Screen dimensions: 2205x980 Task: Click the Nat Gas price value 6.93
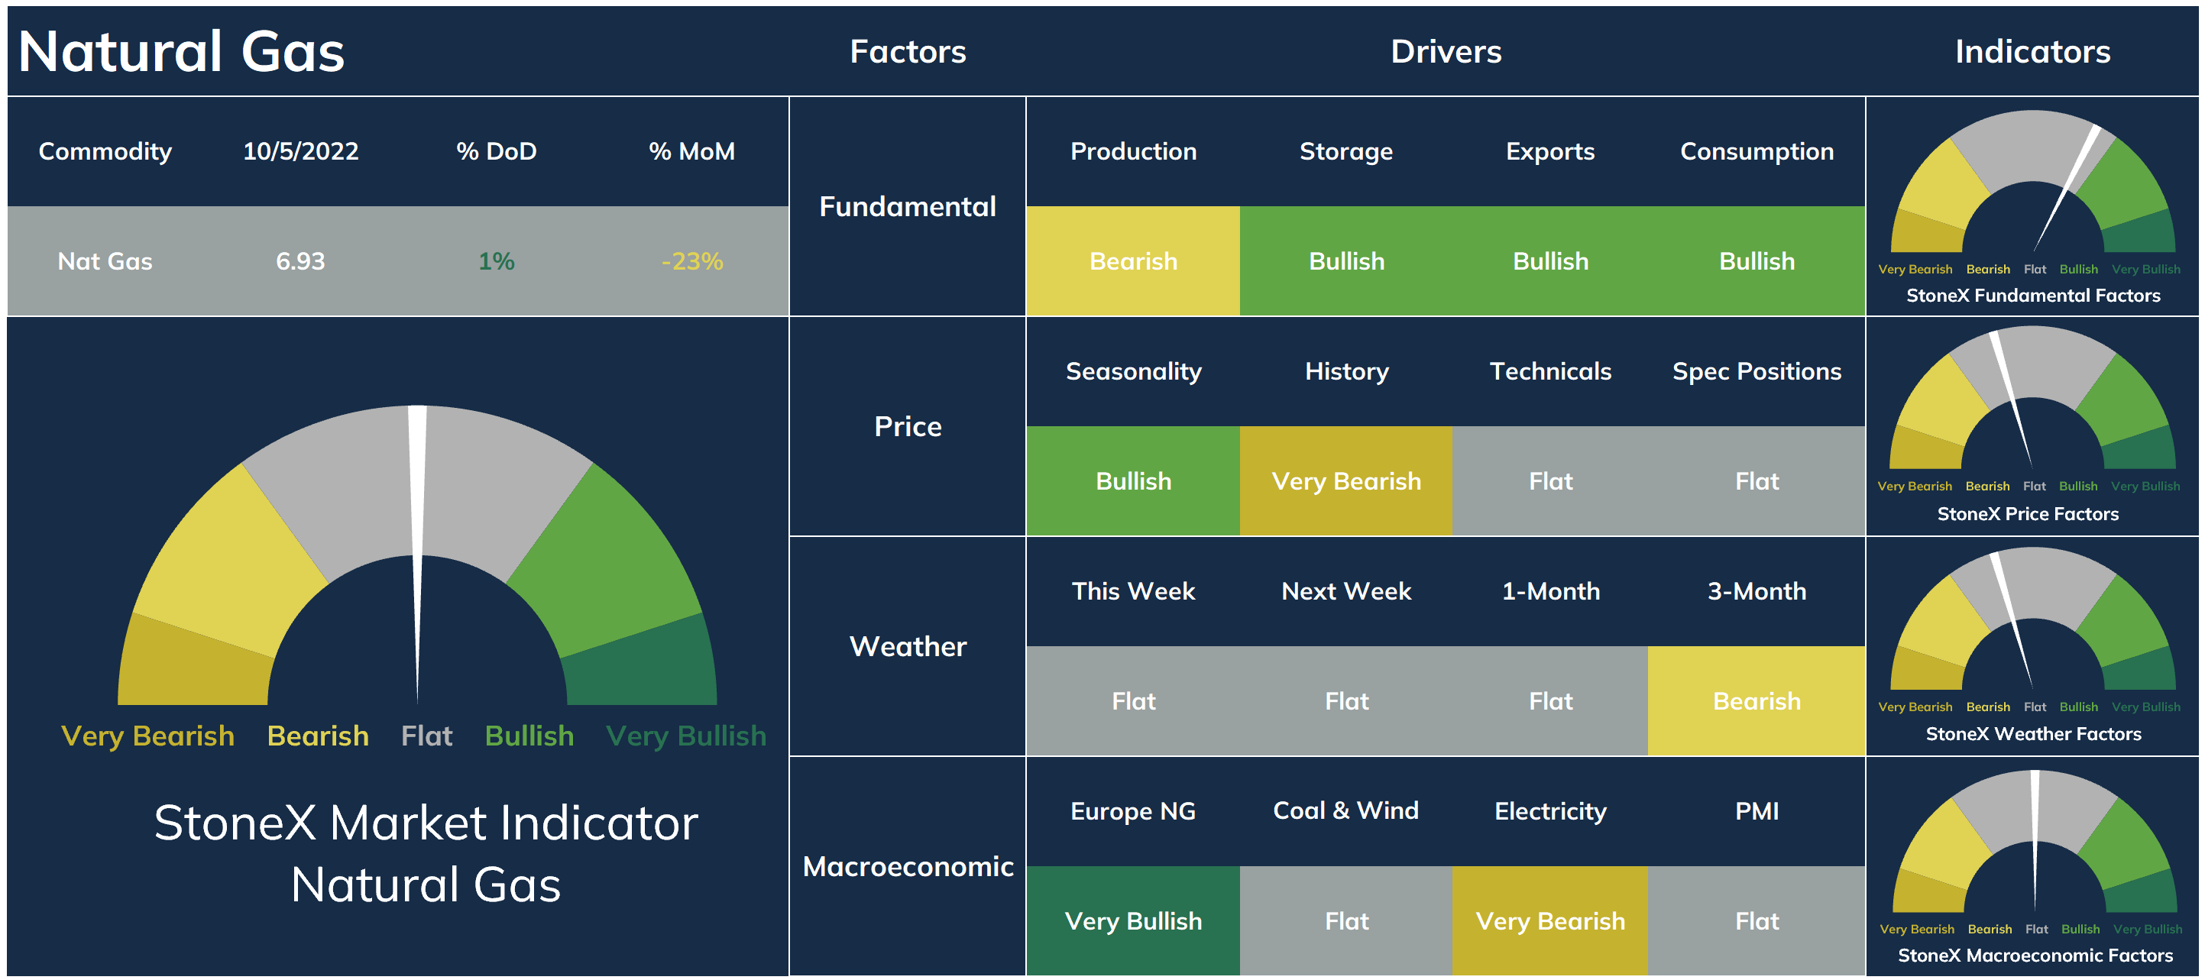(x=300, y=261)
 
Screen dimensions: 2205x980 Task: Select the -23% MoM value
(x=691, y=261)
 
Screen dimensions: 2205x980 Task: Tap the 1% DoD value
(x=497, y=261)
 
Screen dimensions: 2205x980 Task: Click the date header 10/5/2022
(x=300, y=151)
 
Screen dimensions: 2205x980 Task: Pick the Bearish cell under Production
(x=1133, y=261)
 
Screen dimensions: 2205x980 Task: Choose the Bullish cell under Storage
(x=1346, y=261)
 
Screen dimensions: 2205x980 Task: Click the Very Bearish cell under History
(x=1346, y=481)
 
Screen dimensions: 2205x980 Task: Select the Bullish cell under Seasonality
(x=1133, y=481)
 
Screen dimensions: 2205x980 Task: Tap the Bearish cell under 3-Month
(x=1757, y=701)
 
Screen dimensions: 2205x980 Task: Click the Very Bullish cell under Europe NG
(x=1133, y=921)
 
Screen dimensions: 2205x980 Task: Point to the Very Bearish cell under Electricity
(x=1550, y=921)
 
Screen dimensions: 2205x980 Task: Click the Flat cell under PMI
(x=1757, y=921)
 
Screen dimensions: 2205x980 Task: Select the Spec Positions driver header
(x=1757, y=371)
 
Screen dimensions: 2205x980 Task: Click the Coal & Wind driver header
(x=1345, y=810)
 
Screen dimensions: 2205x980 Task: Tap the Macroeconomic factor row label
(x=908, y=866)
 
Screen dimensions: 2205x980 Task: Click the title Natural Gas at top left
(x=182, y=51)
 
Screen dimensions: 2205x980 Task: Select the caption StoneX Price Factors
(x=2028, y=513)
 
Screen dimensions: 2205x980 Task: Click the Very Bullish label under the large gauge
(x=685, y=736)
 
